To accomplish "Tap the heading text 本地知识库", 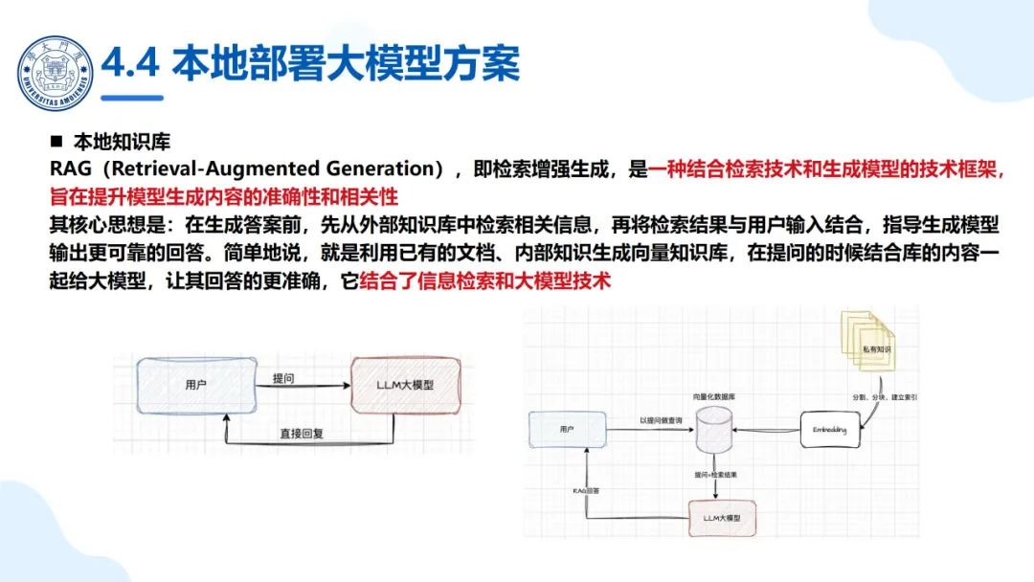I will (122, 142).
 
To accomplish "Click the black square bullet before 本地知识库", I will (56, 142).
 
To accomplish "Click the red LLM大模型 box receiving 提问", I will (406, 385).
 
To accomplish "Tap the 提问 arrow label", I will (283, 378).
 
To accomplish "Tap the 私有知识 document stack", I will (869, 349).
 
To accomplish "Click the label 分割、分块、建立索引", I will (884, 395).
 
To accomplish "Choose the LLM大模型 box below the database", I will (723, 517).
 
